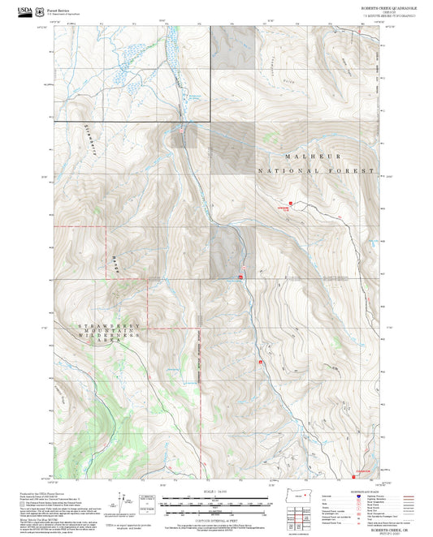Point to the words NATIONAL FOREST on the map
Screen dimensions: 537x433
click(x=317, y=171)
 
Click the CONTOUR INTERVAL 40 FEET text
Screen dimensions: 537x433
click(x=216, y=520)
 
